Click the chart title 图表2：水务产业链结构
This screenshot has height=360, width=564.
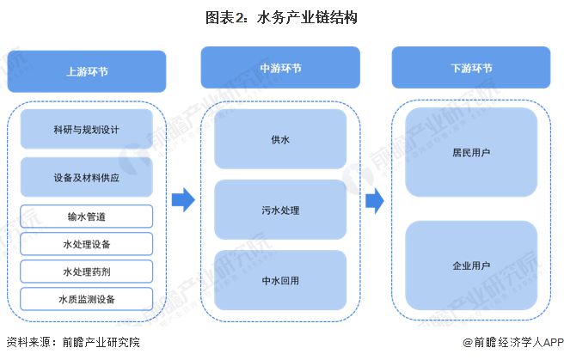(281, 17)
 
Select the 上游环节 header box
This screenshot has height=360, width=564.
(87, 71)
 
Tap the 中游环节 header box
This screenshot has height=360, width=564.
(280, 68)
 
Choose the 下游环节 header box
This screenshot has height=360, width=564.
(471, 68)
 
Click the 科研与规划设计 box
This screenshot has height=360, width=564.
(86, 129)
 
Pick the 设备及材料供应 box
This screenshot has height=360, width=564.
(86, 177)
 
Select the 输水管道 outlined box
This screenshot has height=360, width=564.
(86, 217)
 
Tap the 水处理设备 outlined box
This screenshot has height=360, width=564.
(86, 244)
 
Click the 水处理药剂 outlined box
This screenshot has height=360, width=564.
(86, 272)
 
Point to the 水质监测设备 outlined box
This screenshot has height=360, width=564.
(86, 299)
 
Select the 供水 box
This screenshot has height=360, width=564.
(280, 139)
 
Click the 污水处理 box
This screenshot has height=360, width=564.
(280, 210)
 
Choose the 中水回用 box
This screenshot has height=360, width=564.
(280, 280)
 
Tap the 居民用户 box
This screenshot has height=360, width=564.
(471, 152)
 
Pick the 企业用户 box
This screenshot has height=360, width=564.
(471, 265)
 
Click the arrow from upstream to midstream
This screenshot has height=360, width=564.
(183, 199)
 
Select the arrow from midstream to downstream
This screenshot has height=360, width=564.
(375, 201)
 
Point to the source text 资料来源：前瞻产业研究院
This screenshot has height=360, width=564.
(73, 342)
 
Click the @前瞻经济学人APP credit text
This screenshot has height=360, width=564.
(513, 343)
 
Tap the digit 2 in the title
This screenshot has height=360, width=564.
(240, 18)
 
